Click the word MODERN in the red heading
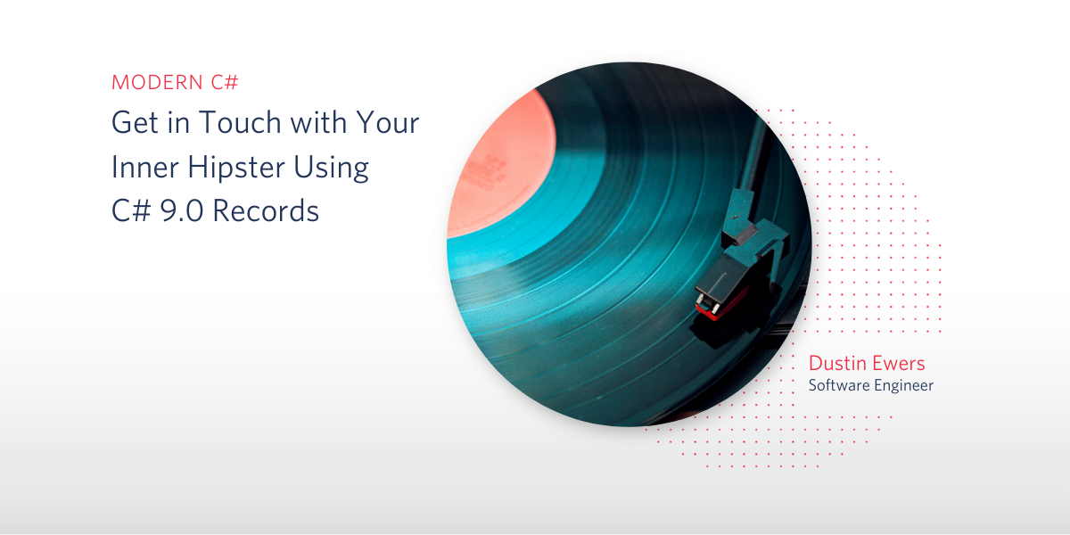pyautogui.click(x=157, y=82)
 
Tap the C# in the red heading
pyautogui.click(x=225, y=82)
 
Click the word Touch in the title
pyautogui.click(x=240, y=122)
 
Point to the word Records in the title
pyautogui.click(x=266, y=210)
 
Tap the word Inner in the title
pyautogui.click(x=144, y=167)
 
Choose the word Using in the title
pyautogui.click(x=331, y=169)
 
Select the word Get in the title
pyautogui.click(x=135, y=122)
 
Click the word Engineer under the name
pyautogui.click(x=904, y=386)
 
